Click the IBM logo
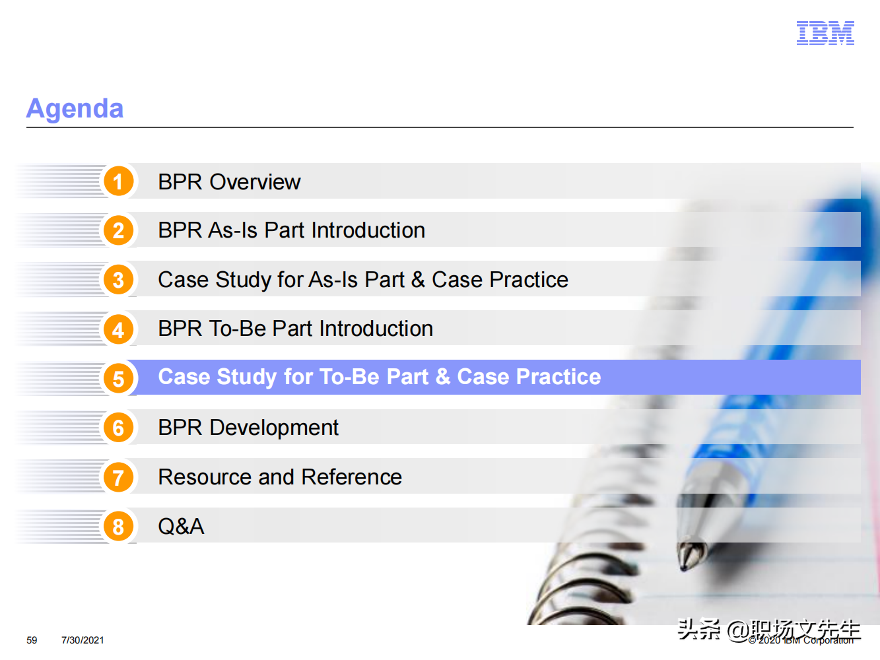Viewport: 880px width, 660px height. [825, 33]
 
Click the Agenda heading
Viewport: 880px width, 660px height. [75, 109]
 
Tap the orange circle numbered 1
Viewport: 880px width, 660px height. [118, 181]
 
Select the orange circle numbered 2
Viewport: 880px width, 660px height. [118, 230]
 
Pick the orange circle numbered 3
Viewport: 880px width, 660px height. [118, 280]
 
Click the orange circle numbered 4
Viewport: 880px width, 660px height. [118, 329]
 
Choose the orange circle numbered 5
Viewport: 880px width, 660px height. [118, 378]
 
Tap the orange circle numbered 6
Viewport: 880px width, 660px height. [118, 428]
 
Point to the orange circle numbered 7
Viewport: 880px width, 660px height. [118, 477]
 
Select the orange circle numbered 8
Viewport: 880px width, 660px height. [118, 526]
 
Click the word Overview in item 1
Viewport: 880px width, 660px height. [255, 182]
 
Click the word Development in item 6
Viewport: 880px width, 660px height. [274, 428]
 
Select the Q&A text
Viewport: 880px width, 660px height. [181, 526]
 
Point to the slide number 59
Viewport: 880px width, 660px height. [32, 640]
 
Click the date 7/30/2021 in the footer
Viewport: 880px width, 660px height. [83, 640]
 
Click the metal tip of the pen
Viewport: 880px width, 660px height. [691, 555]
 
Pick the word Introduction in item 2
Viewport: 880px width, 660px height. [368, 230]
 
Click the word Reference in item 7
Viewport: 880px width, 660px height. [352, 477]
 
